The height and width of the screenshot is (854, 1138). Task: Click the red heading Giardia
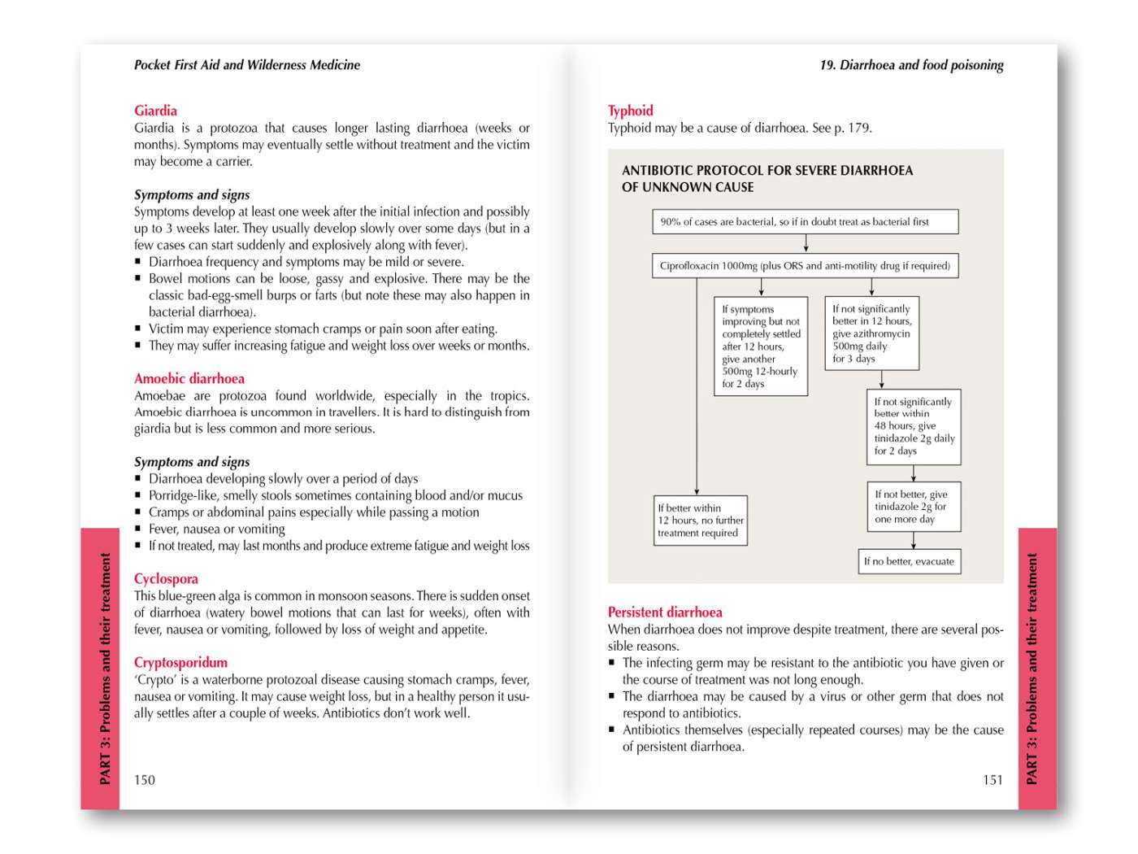click(155, 111)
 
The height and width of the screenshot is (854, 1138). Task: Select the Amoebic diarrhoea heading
click(189, 378)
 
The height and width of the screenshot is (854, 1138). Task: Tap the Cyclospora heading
click(166, 578)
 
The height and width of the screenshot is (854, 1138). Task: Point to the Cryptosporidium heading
click(180, 662)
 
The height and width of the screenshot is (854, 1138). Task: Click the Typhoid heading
click(630, 111)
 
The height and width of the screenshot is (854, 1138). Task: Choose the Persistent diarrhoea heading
click(664, 612)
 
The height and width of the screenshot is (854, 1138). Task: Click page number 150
click(144, 779)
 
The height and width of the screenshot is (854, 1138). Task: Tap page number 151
click(992, 779)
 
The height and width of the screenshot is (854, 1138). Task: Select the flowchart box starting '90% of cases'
click(805, 221)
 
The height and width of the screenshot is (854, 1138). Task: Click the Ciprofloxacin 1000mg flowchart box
click(805, 265)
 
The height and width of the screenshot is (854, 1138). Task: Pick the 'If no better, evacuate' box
click(909, 561)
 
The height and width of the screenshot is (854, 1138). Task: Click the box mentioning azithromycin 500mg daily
click(871, 333)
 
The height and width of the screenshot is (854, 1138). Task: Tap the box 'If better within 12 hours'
click(701, 521)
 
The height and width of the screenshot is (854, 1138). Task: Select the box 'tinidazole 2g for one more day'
click(914, 507)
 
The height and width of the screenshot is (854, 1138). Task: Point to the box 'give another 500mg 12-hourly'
click(760, 346)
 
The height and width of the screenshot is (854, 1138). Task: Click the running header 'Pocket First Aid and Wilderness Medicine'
click(246, 65)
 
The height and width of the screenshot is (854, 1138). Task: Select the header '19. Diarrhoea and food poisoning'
click(911, 65)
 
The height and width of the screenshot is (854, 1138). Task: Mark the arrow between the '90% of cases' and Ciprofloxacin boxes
click(806, 243)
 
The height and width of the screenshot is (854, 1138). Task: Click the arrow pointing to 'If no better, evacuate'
click(914, 541)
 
